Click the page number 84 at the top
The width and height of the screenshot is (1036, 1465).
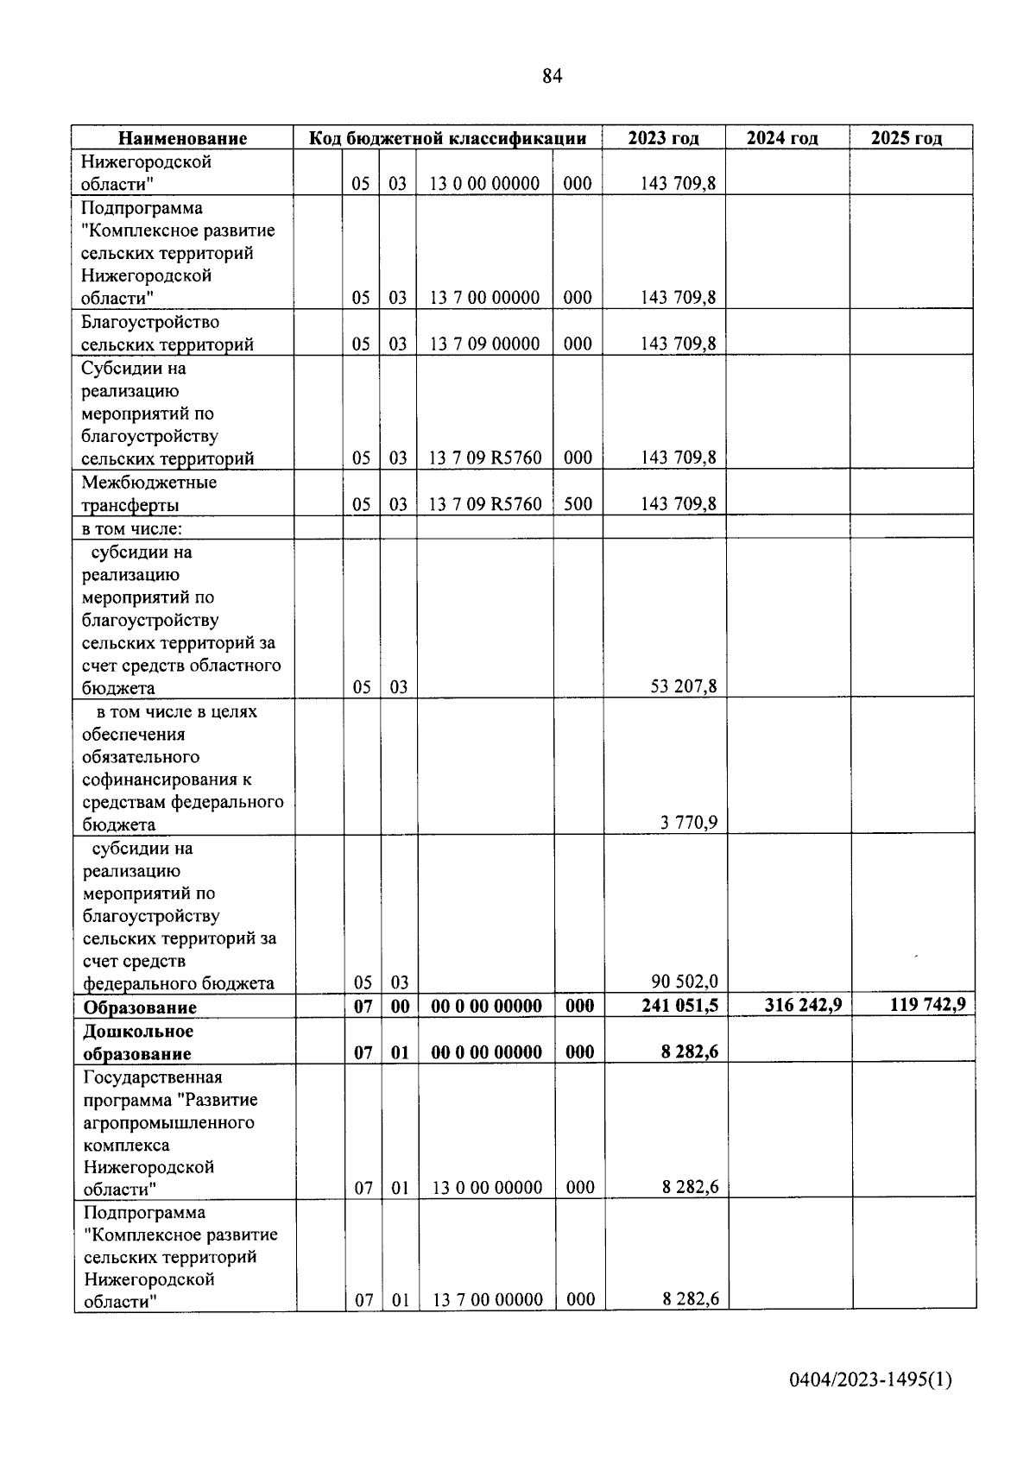553,76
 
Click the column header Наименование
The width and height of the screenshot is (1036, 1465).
182,138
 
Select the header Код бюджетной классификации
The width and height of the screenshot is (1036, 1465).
447,138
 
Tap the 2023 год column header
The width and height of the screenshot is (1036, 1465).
663,138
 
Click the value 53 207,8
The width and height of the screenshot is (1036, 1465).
683,687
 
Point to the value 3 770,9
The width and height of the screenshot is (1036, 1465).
688,823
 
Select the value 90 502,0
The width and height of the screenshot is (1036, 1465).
684,982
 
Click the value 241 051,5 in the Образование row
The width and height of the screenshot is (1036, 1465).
679,1005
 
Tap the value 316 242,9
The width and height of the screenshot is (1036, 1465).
803,1005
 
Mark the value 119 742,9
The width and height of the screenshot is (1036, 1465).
927,1004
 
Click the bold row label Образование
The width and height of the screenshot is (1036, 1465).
139,1007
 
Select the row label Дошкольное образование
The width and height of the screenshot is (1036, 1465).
138,1042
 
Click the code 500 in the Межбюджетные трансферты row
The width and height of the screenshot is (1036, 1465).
578,504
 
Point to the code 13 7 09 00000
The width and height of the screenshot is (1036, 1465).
484,344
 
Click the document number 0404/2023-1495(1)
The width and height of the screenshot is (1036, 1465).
870,1380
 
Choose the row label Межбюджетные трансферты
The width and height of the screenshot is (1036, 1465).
148,494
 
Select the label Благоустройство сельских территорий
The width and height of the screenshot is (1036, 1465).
167,333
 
